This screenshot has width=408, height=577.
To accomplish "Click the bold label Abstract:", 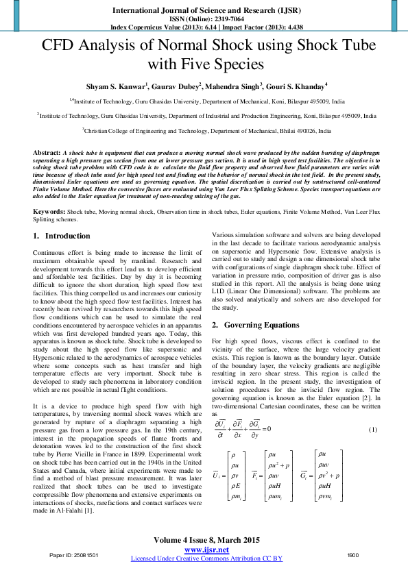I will click(47, 151).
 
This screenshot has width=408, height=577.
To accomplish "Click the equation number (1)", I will click(373, 429).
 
